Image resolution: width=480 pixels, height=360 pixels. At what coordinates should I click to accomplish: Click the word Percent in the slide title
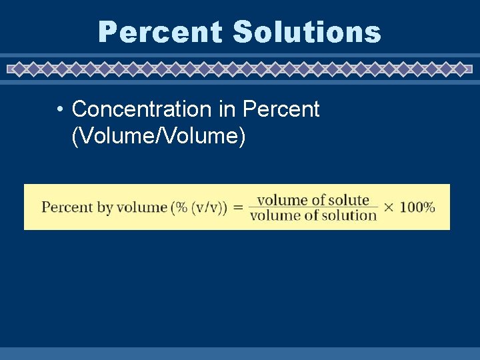160,32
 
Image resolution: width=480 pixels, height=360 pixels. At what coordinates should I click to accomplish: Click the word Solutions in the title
307,32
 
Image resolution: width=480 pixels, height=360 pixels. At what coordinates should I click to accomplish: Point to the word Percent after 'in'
281,109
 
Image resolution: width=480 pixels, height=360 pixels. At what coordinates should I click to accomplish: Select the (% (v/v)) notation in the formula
199,207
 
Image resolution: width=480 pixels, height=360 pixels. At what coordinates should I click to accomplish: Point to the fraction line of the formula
313,207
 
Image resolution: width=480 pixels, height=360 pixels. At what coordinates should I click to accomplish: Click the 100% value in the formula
418,207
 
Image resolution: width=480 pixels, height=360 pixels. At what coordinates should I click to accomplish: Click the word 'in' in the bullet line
231,109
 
